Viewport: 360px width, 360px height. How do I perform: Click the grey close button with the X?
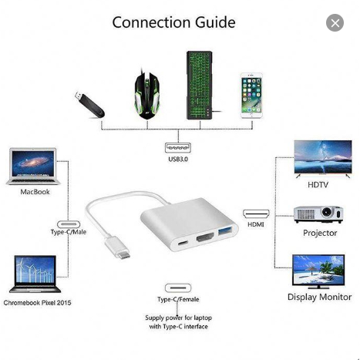point(335,23)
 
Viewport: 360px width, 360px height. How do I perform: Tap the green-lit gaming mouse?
point(146,94)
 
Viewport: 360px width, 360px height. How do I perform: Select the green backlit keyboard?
point(200,85)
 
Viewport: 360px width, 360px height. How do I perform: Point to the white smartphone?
point(251,96)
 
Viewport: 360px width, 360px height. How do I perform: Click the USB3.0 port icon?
point(178,148)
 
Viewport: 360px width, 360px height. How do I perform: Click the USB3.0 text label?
point(178,159)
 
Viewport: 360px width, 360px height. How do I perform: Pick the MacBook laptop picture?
point(33,167)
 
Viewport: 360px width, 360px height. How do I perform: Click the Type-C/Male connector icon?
point(69,224)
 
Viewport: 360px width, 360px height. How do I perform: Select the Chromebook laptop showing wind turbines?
point(35,274)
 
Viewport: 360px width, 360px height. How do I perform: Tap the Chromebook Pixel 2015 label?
point(37,303)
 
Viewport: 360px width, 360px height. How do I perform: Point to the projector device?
point(318,214)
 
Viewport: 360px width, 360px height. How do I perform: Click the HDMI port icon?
point(256,214)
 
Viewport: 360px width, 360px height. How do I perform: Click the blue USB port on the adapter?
point(227,230)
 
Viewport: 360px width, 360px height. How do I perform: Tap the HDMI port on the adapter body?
point(205,237)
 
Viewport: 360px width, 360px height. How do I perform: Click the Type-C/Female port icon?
point(178,288)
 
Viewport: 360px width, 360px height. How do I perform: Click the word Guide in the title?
point(215,22)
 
